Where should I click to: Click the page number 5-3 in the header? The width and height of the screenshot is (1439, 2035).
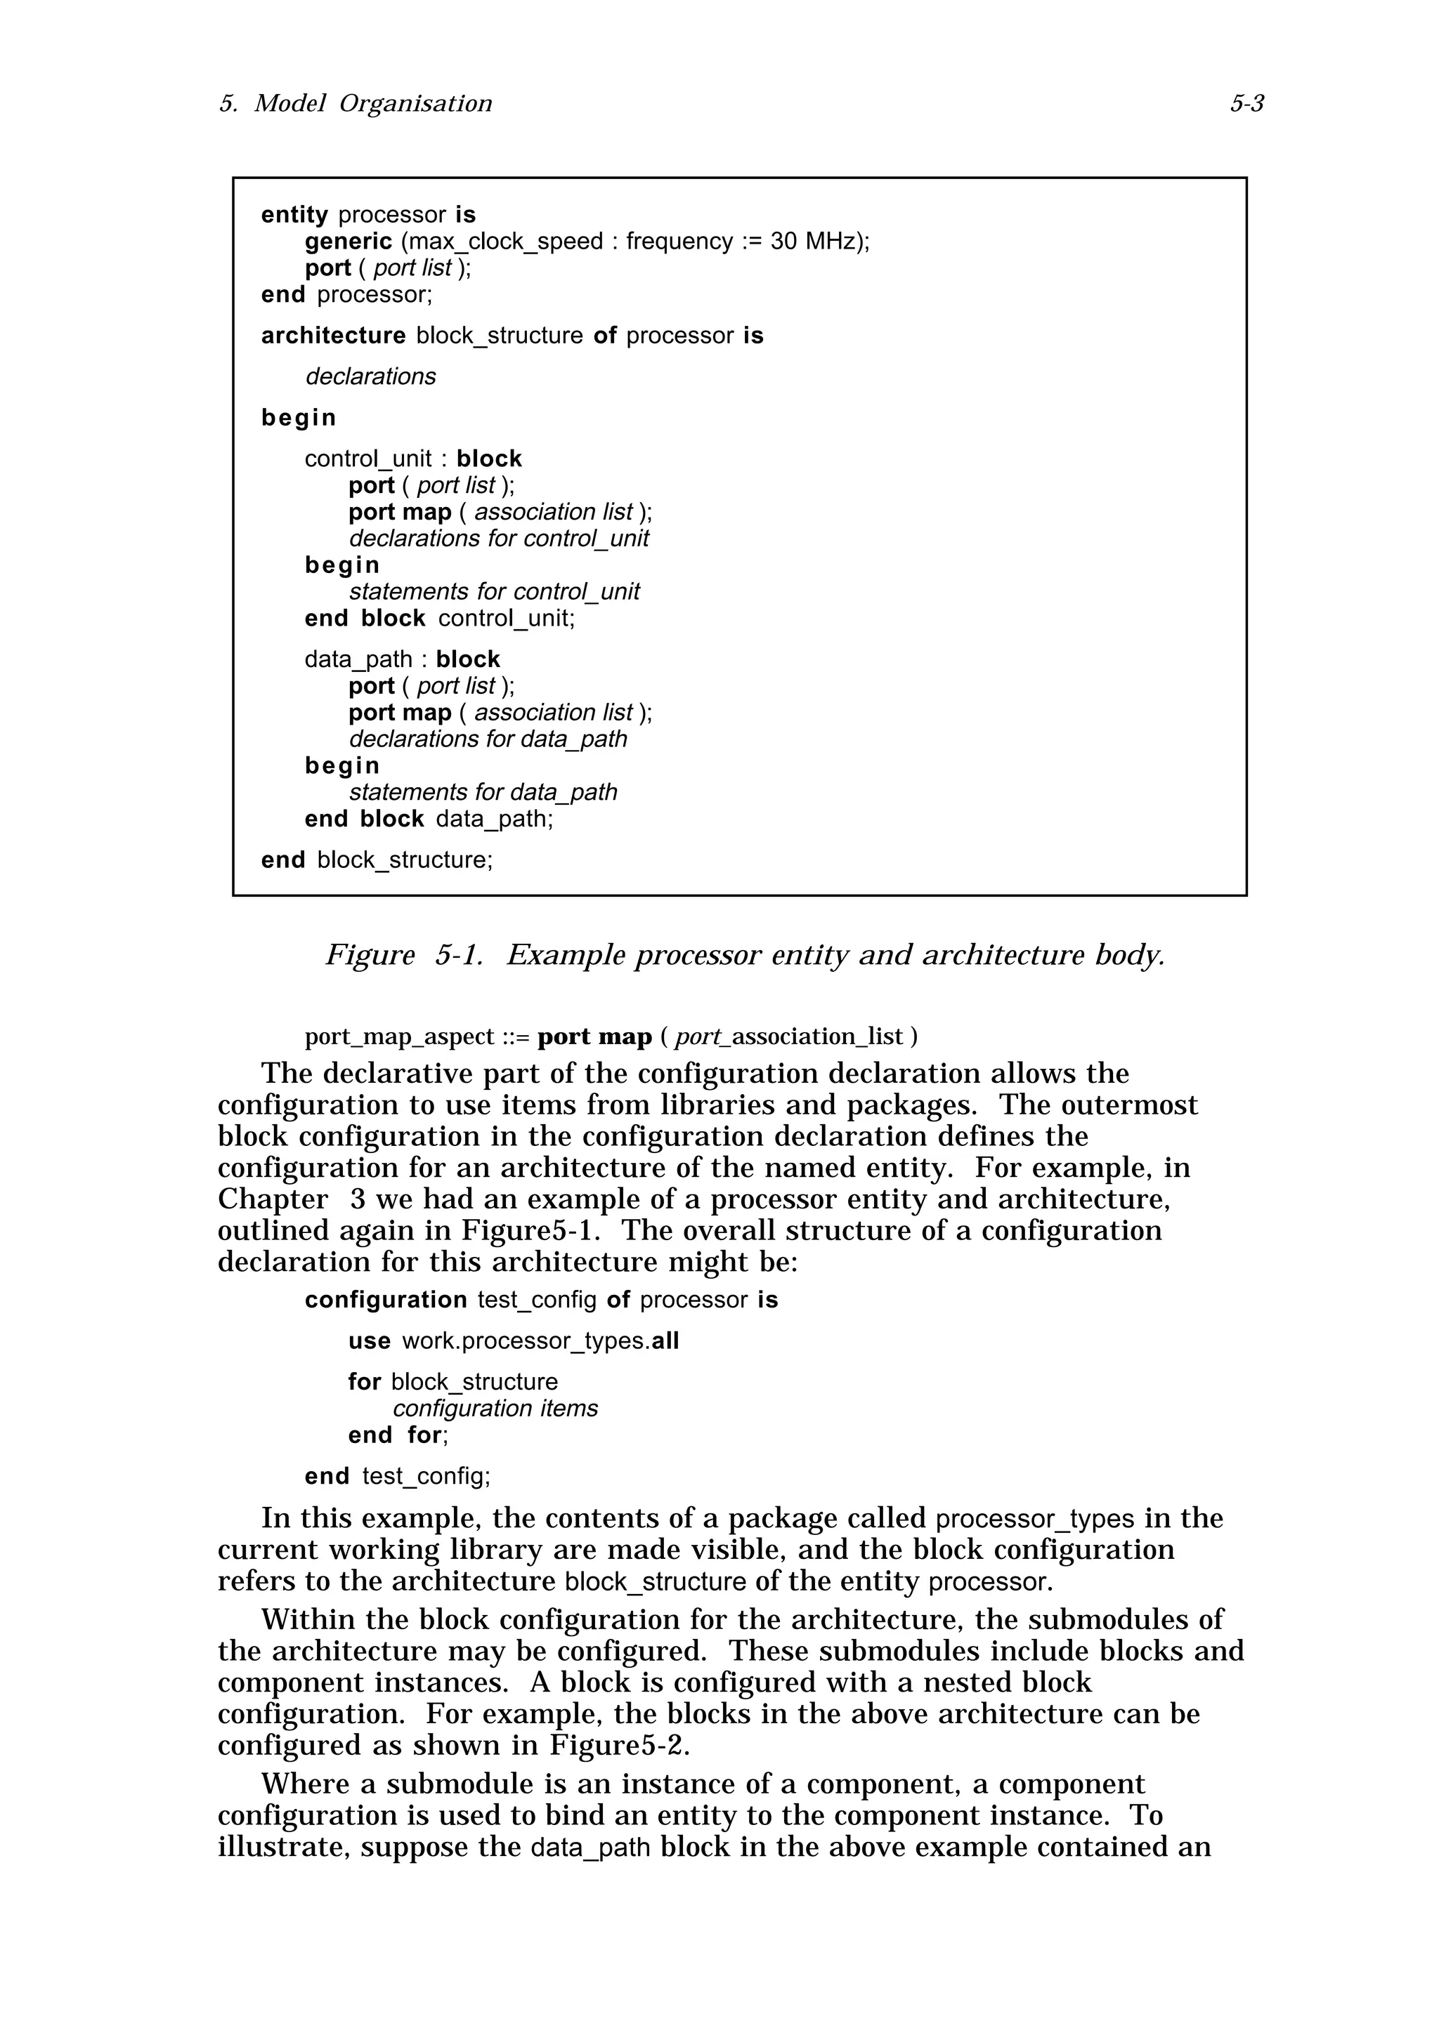[1246, 105]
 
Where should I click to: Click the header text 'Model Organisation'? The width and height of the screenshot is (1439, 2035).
[372, 105]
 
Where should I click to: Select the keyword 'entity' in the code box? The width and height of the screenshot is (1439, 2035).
[294, 216]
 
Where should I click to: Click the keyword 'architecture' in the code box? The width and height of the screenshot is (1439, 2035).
[332, 336]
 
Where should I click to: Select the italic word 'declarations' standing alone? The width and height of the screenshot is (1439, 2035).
[370, 376]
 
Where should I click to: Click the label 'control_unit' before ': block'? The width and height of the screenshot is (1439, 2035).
[368, 459]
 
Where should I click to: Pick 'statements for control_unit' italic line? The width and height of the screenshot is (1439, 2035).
[494, 592]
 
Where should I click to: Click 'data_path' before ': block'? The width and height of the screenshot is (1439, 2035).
[358, 659]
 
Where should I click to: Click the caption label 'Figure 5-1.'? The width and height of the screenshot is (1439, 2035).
[404, 956]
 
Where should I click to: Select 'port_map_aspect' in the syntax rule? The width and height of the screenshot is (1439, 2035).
[399, 1037]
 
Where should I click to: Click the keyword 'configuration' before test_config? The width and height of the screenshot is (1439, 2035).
[386, 1300]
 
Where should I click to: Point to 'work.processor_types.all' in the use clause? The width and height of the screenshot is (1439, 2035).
[540, 1341]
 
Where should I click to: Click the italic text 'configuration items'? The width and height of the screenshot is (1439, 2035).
[495, 1409]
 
